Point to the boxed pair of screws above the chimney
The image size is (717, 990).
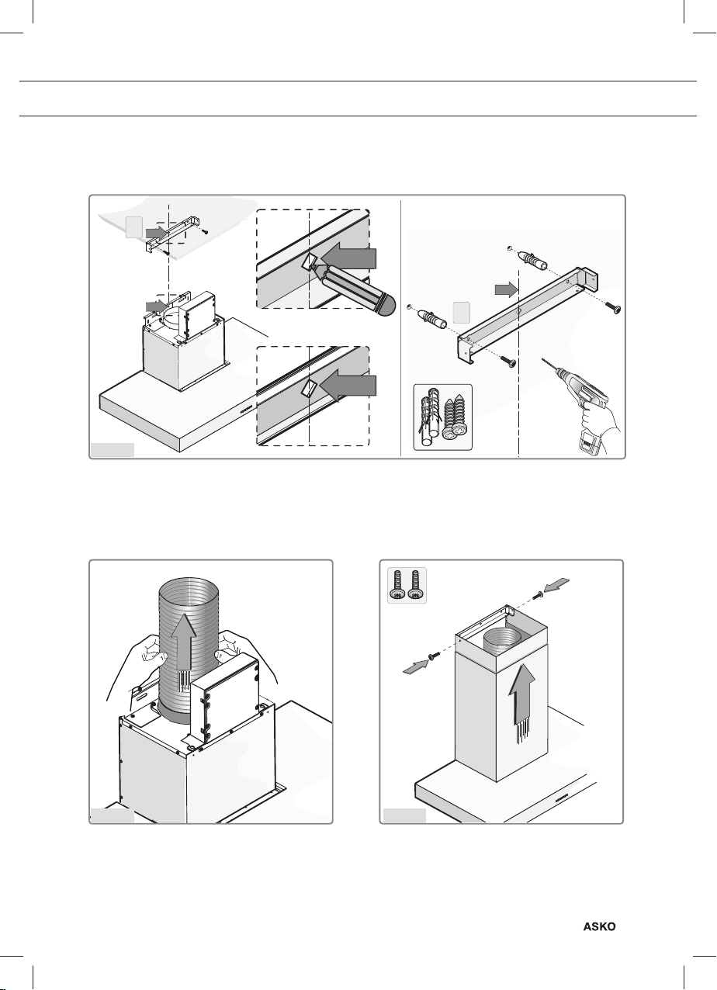coord(407,586)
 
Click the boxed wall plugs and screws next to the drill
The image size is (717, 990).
coord(442,417)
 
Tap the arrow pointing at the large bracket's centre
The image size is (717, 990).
coord(506,290)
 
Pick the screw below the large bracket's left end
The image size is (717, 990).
coord(507,362)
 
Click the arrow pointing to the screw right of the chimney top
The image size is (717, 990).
coord(556,585)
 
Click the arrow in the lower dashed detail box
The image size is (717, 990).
coord(348,385)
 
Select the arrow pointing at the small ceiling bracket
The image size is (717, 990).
coord(157,231)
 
